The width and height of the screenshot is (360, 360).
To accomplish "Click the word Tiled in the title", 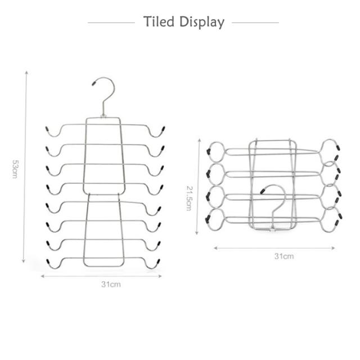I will (159, 22).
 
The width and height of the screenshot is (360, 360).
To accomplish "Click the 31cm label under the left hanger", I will (111, 284).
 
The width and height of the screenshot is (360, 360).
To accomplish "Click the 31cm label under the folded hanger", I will (284, 256).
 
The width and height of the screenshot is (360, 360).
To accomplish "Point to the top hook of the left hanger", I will (105, 93).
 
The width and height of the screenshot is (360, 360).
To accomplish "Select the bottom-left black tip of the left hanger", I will (47, 263).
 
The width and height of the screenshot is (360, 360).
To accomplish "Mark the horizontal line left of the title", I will (111, 23).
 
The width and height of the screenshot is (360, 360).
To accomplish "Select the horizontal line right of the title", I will (255, 23).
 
